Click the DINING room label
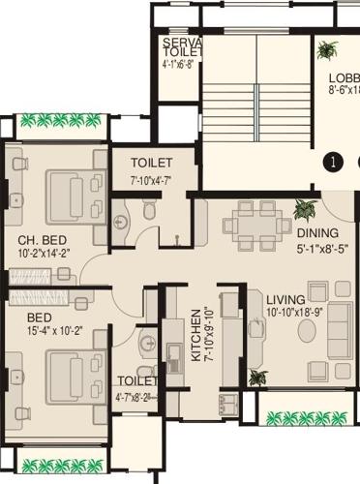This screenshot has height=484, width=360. (318, 233)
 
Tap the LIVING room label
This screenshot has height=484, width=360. (286, 299)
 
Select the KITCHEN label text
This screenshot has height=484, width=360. (195, 335)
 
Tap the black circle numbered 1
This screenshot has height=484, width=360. (333, 163)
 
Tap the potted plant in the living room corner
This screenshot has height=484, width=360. (256, 377)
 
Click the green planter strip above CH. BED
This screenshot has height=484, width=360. (60, 122)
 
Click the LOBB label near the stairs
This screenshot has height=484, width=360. (344, 78)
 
